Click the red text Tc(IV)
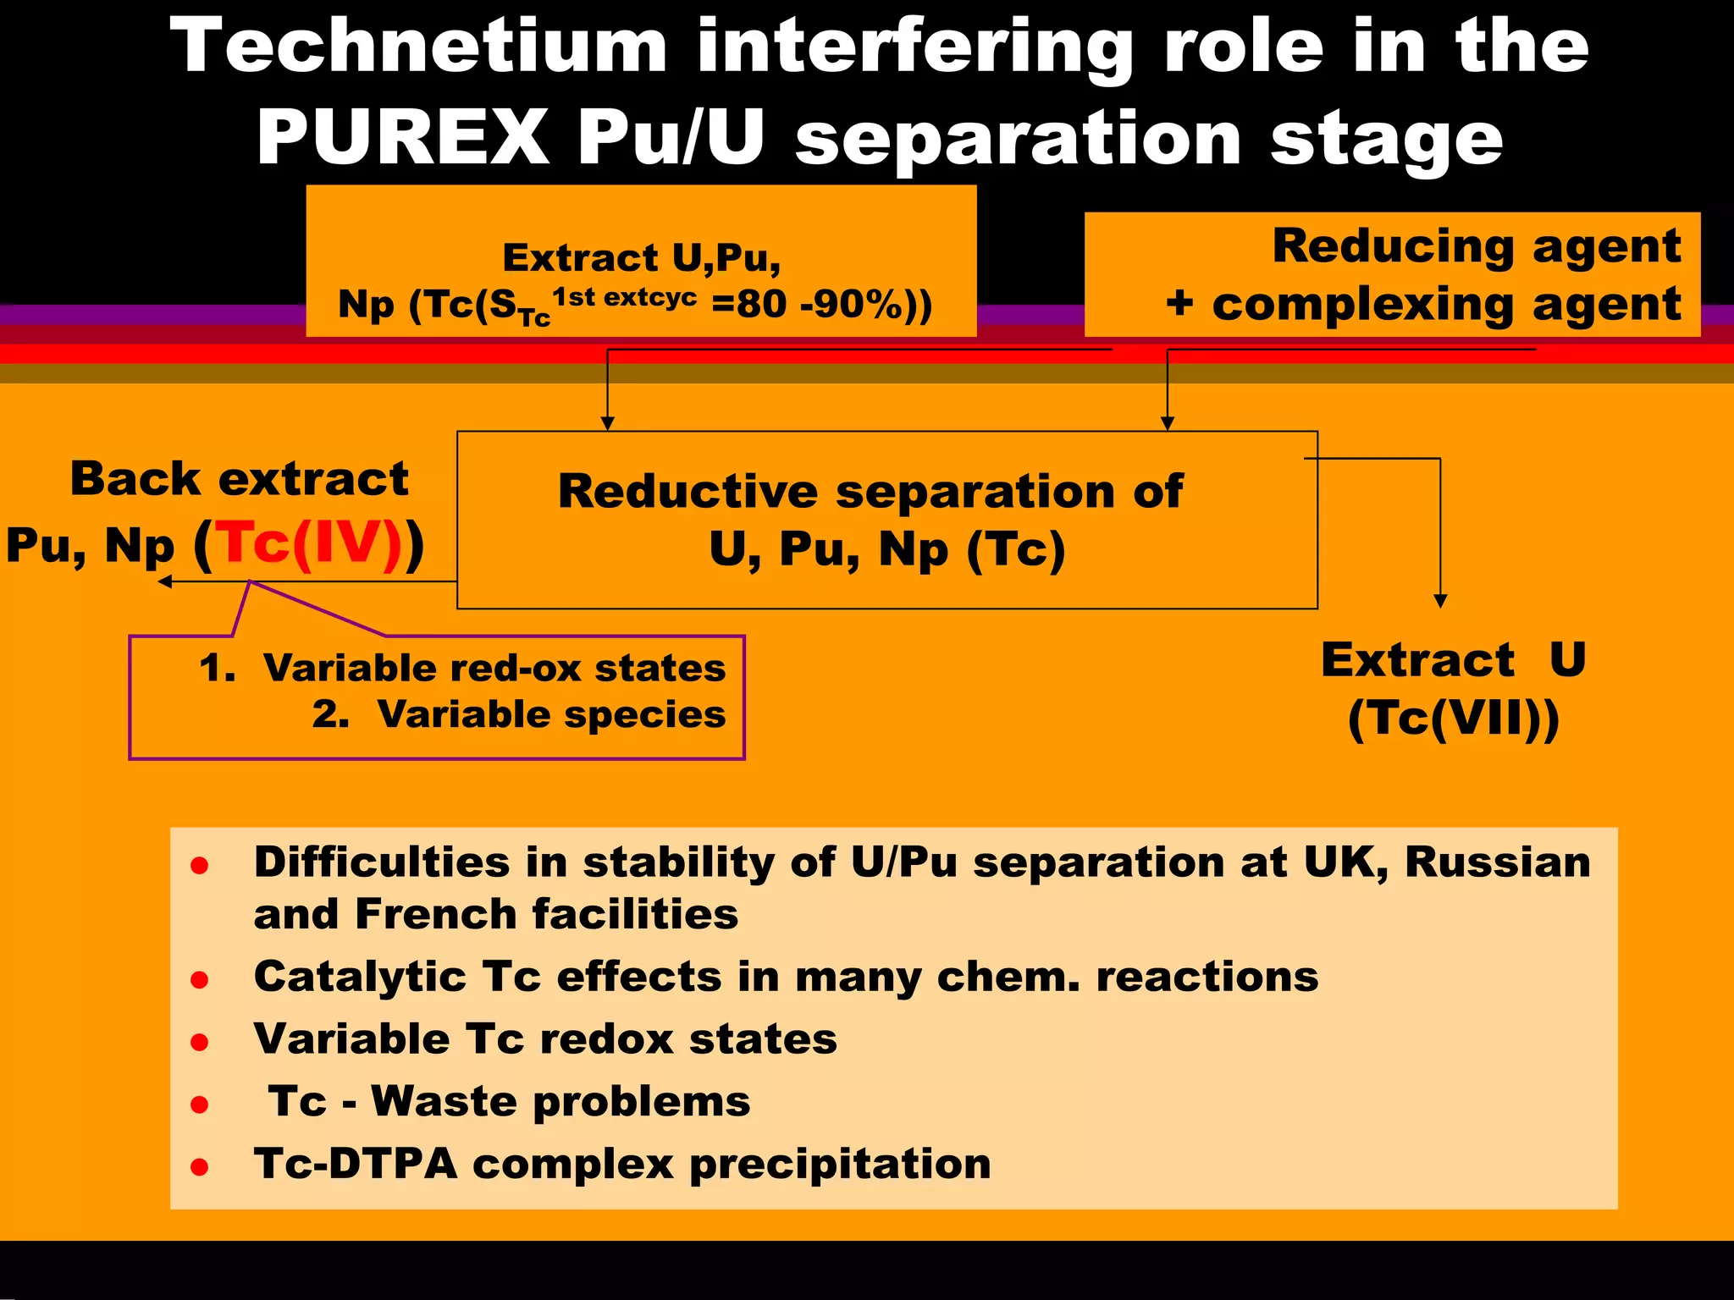[x=308, y=543]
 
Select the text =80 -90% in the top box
[x=808, y=304]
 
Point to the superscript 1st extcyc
[x=625, y=297]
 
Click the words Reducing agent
[x=1476, y=246]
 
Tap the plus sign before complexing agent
[x=1179, y=303]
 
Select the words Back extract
[x=240, y=479]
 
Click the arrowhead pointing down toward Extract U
[x=1440, y=601]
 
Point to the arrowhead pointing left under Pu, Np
[x=165, y=581]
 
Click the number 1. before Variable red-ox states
[x=217, y=669]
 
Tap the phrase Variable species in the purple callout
[x=551, y=715]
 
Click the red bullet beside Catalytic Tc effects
[x=200, y=980]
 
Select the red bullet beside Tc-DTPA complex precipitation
[x=200, y=1168]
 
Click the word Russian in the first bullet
[x=1497, y=862]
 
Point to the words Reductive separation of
[x=870, y=492]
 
